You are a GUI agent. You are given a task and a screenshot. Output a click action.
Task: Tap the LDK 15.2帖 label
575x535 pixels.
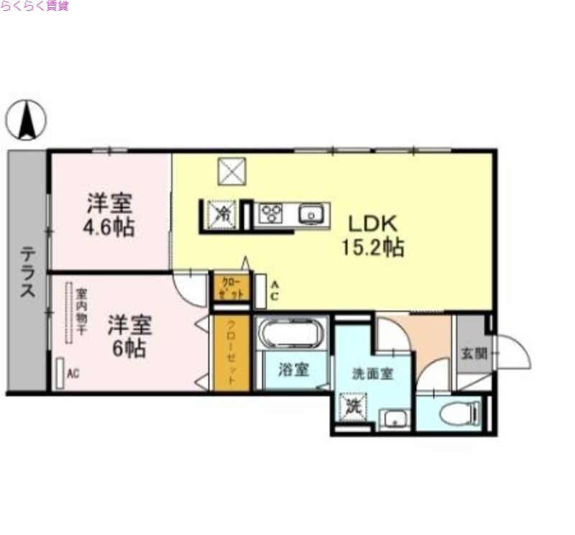click(x=372, y=235)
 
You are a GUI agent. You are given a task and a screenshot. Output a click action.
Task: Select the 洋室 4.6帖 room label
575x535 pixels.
click(x=110, y=214)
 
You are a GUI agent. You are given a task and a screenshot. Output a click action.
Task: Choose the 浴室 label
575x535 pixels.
click(x=293, y=371)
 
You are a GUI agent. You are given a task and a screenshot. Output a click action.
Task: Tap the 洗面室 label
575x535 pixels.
click(x=372, y=374)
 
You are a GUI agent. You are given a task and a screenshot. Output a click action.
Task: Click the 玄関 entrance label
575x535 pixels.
click(x=474, y=353)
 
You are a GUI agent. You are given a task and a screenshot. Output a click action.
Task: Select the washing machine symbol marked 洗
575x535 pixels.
click(x=353, y=406)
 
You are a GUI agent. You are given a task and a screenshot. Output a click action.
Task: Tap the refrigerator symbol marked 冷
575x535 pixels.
click(x=221, y=214)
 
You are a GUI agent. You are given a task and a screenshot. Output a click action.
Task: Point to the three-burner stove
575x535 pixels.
click(x=272, y=214)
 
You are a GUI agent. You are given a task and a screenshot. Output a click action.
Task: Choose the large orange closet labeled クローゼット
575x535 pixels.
click(x=231, y=353)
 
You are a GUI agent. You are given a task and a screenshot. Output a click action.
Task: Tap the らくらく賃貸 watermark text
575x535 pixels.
click(x=34, y=6)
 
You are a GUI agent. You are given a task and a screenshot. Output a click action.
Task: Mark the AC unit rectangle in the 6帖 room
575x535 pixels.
click(x=60, y=373)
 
